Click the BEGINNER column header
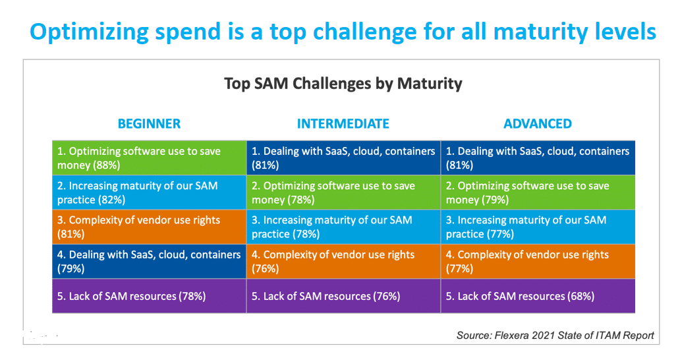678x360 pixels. pyautogui.click(x=149, y=124)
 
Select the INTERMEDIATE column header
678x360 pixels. pyautogui.click(x=343, y=124)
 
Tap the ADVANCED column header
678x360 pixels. pyautogui.click(x=538, y=124)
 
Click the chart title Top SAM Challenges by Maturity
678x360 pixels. pyautogui.click(x=343, y=84)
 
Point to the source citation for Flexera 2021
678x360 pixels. pyautogui.click(x=555, y=336)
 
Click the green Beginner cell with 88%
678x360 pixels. pyautogui.click(x=149, y=158)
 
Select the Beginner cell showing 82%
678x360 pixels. pyautogui.click(x=149, y=193)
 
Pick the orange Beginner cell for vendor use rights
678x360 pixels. pyautogui.click(x=149, y=227)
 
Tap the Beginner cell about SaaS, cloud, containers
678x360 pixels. pyautogui.click(x=149, y=261)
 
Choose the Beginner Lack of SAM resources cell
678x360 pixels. pyautogui.click(x=149, y=296)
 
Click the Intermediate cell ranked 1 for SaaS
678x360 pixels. pyautogui.click(x=343, y=158)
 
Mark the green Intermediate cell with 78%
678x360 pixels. pyautogui.click(x=343, y=193)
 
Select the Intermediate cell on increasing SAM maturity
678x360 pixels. pyautogui.click(x=343, y=227)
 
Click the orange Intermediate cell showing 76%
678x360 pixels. pyautogui.click(x=343, y=261)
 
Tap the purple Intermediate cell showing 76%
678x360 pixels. pyautogui.click(x=343, y=296)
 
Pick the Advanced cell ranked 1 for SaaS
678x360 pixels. pyautogui.click(x=538, y=158)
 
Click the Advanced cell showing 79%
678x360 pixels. pyautogui.click(x=538, y=193)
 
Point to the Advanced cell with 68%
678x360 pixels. pyautogui.click(x=538, y=296)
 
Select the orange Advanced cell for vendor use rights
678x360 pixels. pyautogui.click(x=538, y=261)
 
